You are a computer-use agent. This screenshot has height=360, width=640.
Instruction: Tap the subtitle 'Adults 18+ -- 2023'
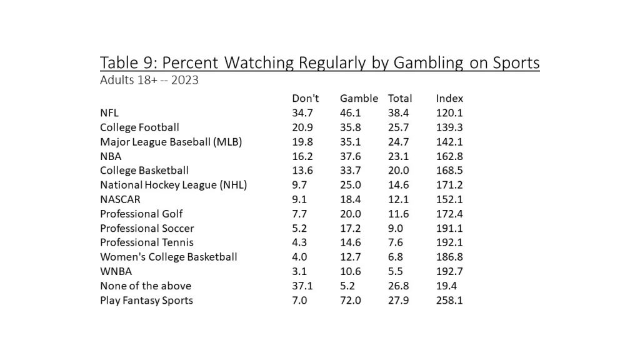pos(149,81)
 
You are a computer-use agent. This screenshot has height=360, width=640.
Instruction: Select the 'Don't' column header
pos(306,98)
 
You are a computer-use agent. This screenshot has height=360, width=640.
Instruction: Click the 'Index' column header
pos(449,98)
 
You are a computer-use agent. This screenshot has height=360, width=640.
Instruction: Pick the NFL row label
pos(110,112)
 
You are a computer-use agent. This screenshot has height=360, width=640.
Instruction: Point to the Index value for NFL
pos(449,112)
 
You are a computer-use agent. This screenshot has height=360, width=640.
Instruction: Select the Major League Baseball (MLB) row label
pos(171,141)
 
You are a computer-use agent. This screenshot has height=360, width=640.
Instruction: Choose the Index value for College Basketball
pos(449,170)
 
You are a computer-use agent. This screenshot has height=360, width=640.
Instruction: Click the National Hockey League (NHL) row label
pos(174,184)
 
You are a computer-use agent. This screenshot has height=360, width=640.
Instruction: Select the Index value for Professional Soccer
pos(449,228)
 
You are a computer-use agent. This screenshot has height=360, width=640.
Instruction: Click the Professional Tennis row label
pos(147,242)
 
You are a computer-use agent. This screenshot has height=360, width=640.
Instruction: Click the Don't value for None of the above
pos(302,286)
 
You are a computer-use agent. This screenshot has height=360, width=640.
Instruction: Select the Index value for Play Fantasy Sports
pos(449,301)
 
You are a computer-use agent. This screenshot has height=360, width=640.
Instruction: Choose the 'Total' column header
pos(400,98)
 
